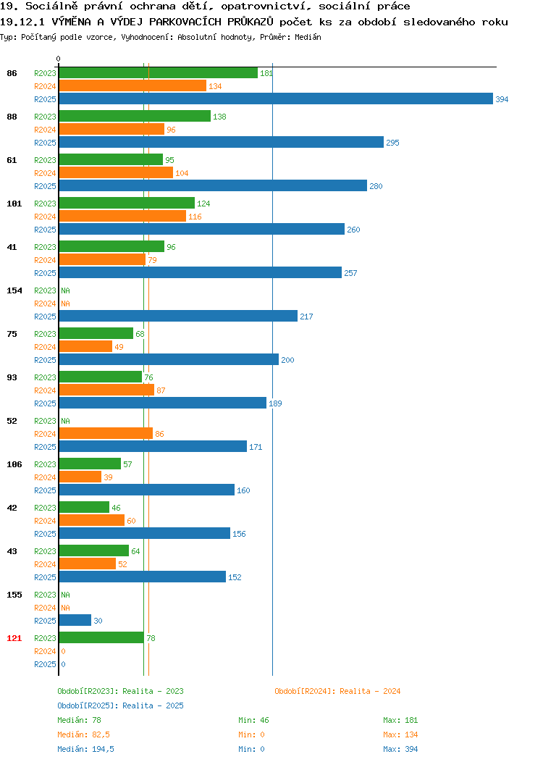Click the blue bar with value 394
(276, 99)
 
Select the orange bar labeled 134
(132, 85)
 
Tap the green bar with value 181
(159, 72)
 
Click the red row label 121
(14, 638)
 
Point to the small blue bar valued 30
(75, 620)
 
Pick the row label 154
(14, 290)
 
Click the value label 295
(392, 143)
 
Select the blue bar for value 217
(178, 316)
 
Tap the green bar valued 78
(101, 637)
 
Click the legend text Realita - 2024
(370, 691)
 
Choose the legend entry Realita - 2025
(153, 706)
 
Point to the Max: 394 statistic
(400, 749)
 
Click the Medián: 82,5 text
(83, 734)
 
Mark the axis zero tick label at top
(59, 59)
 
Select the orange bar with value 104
(116, 172)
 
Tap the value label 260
(353, 230)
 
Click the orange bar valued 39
(80, 477)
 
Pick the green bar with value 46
(84, 507)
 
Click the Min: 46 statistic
(253, 720)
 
